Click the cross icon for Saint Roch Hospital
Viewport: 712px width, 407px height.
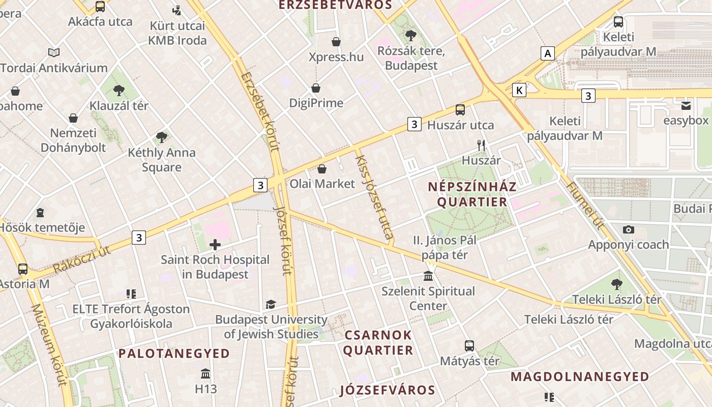point(215,245)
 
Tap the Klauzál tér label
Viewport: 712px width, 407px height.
point(119,106)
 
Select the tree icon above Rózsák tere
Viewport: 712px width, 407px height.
point(410,36)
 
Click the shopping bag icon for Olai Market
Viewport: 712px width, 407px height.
point(321,168)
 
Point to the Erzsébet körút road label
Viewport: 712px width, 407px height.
point(261,112)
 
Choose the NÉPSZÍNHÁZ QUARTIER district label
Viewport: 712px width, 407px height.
point(472,194)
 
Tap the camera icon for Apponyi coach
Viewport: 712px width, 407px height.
point(629,229)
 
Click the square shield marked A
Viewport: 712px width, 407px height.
point(547,53)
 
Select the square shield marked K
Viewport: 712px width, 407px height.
point(519,90)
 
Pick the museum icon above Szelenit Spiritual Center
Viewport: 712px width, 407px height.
point(428,276)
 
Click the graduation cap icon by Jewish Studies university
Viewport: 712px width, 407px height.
point(271,304)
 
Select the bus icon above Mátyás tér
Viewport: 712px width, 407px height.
point(469,346)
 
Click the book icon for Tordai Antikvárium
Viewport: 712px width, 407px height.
point(54,52)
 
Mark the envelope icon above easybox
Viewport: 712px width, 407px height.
point(686,106)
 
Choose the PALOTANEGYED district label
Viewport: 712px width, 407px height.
point(174,353)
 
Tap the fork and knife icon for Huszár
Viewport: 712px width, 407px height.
point(481,146)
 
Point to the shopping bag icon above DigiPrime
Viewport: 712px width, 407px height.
point(316,88)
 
